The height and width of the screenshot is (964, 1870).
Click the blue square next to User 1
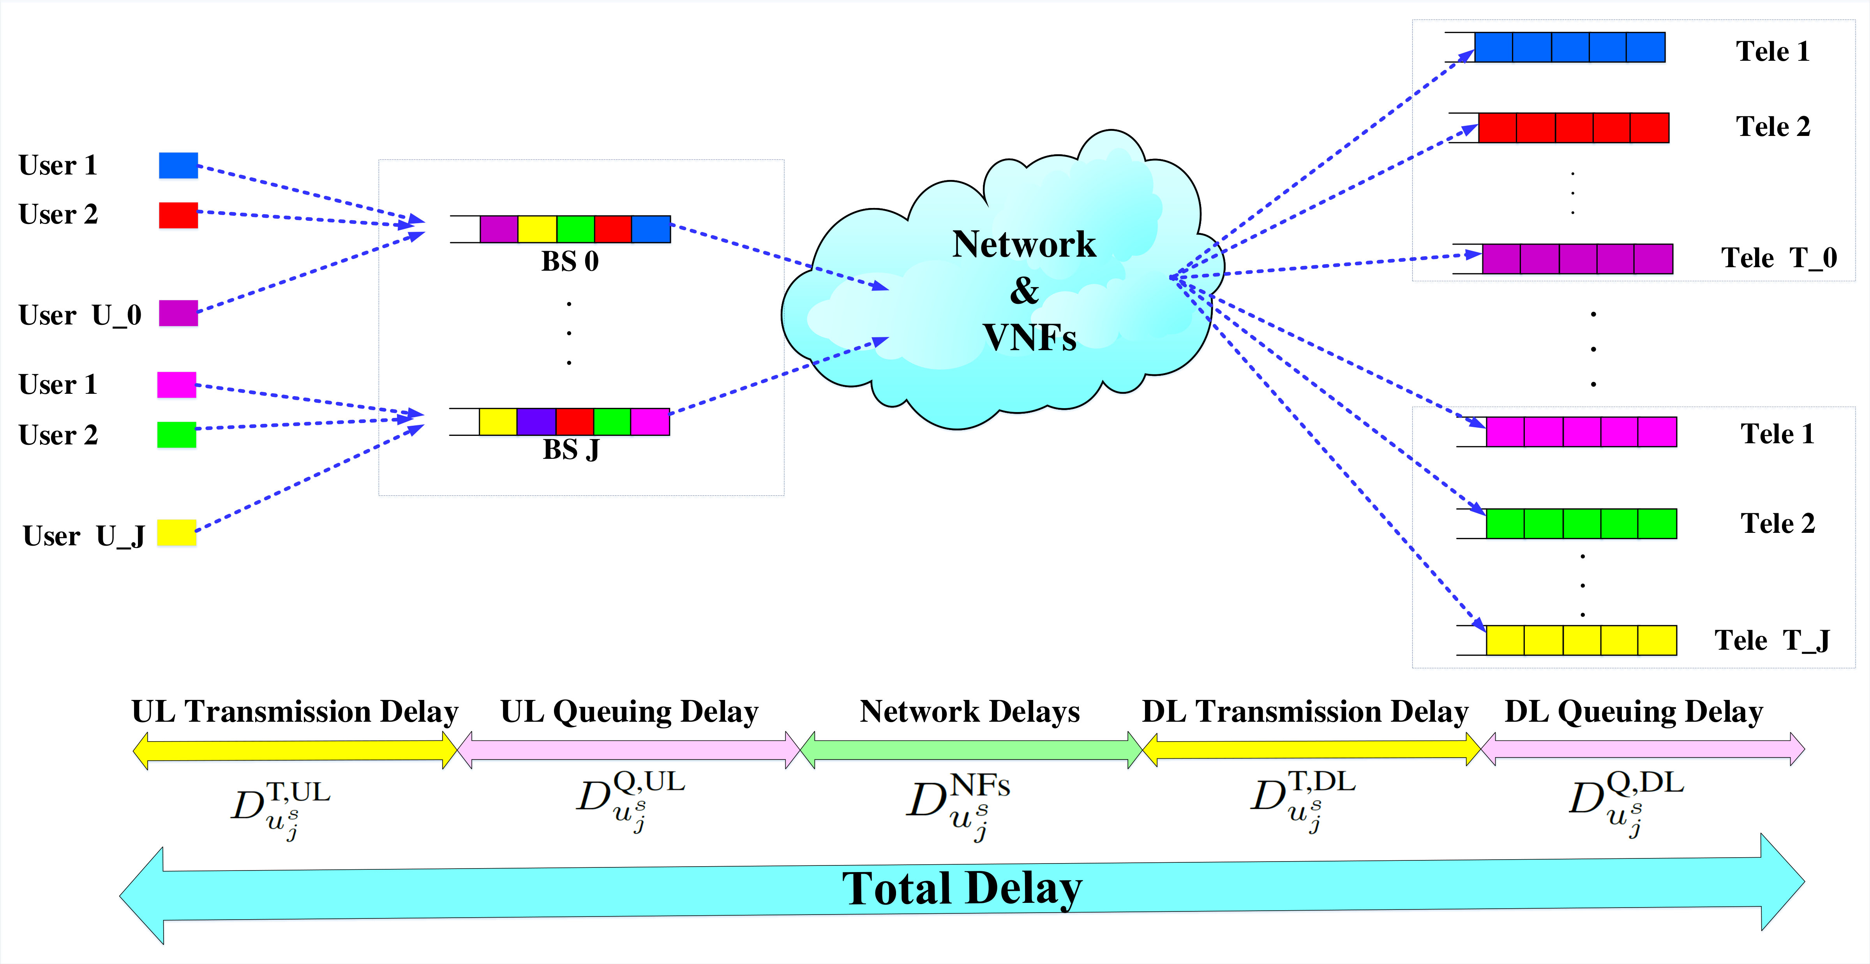click(178, 166)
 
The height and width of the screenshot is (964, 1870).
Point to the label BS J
click(571, 450)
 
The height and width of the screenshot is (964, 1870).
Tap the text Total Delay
click(962, 888)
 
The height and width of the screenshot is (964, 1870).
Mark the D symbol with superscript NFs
click(958, 806)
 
